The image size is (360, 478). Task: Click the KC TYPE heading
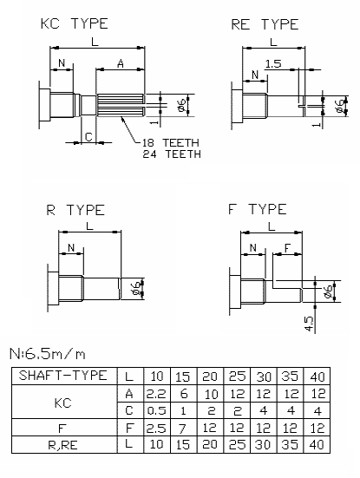click(x=75, y=23)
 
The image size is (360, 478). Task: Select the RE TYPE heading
click(x=265, y=24)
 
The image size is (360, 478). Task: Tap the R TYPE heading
click(x=75, y=210)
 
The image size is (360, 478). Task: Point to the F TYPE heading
click(x=258, y=209)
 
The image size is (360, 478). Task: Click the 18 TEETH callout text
click(x=171, y=142)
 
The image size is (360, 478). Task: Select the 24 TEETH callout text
click(x=172, y=154)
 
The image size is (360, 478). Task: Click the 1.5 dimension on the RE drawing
click(x=273, y=64)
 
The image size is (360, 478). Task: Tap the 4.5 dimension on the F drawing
click(x=309, y=324)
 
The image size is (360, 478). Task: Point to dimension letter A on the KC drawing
click(x=121, y=63)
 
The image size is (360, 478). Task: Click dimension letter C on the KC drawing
click(x=88, y=136)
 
